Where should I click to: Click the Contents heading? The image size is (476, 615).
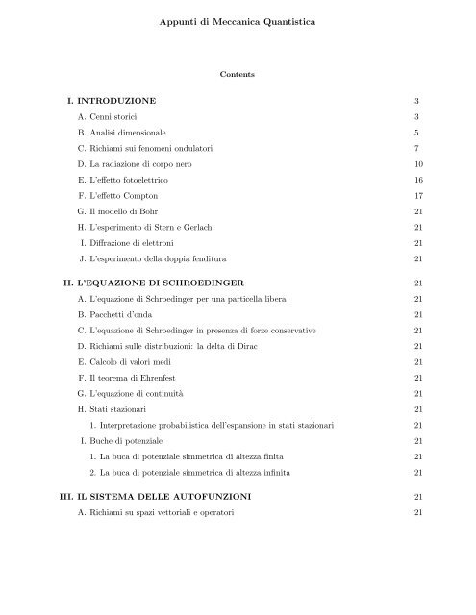tap(237, 71)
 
